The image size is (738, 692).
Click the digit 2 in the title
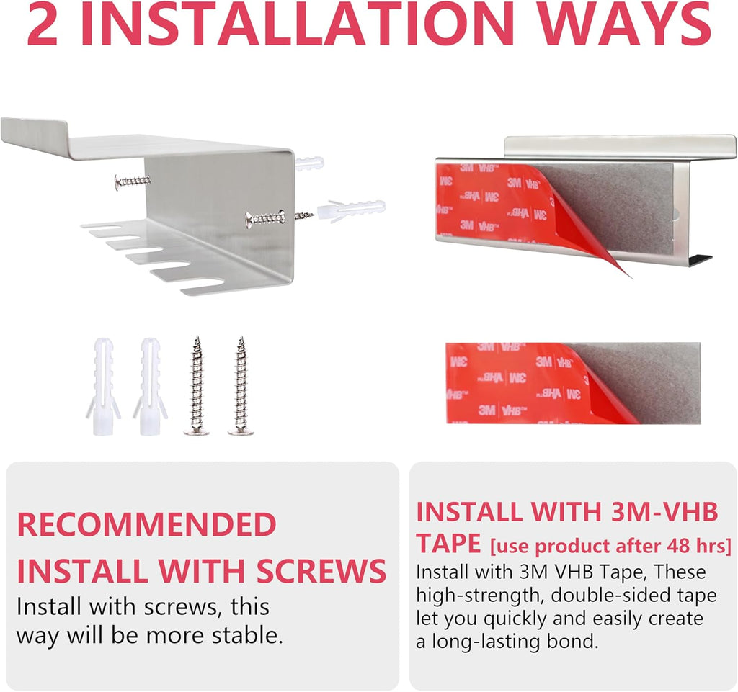click(43, 24)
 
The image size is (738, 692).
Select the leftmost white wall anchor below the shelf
click(103, 386)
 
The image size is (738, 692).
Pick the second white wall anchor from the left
click(150, 386)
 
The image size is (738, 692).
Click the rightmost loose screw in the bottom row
click(241, 385)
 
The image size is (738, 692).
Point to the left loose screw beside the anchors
click(197, 385)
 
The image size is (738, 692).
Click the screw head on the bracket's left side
click(117, 182)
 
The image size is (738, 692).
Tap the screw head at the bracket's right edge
click(249, 220)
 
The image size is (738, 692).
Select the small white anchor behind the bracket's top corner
click(309, 164)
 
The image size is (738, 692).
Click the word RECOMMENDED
click(146, 524)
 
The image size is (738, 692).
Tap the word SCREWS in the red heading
click(321, 570)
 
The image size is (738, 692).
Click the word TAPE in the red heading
click(448, 544)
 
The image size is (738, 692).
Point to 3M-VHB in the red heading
click(664, 511)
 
